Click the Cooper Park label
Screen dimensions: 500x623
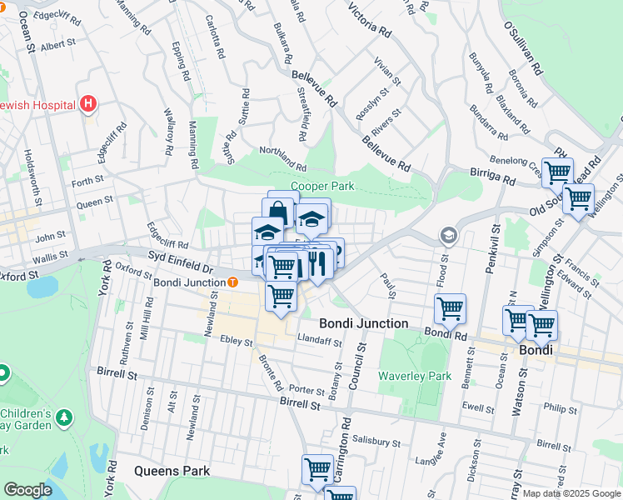322,187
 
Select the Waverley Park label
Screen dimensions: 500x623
414,376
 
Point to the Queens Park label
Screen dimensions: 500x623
172,471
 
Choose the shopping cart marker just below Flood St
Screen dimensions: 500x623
450,309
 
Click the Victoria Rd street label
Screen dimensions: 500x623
370,21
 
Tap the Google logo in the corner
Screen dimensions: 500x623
27,490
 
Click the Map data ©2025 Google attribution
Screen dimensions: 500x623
572,494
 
